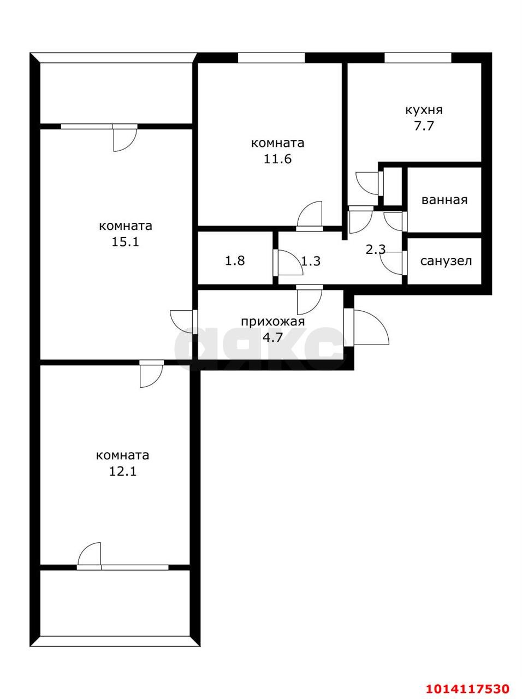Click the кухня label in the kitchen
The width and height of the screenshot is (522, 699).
[x=423, y=110]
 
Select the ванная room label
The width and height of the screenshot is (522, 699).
[x=444, y=200]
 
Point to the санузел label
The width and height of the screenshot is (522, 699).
[x=446, y=261]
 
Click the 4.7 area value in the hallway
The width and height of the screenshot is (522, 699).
[x=272, y=337]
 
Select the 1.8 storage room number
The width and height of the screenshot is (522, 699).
[x=235, y=261]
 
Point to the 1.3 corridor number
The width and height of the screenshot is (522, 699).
[x=311, y=261]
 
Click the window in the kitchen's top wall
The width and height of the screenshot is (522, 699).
[x=418, y=58]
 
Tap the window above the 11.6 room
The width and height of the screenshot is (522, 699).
[x=271, y=58]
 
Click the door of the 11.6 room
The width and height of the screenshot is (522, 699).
[x=310, y=215]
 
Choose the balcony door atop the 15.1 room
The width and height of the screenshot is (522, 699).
[x=124, y=137]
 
